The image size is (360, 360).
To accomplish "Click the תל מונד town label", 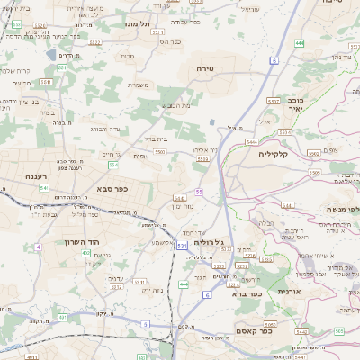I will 141,24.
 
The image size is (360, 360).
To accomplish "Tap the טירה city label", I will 206,68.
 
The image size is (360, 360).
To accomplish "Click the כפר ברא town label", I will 246,293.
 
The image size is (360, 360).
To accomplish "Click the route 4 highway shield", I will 38,247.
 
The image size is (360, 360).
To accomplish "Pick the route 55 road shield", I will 198,192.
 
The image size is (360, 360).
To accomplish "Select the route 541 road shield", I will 43,187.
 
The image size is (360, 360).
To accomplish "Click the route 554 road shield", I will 113,166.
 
